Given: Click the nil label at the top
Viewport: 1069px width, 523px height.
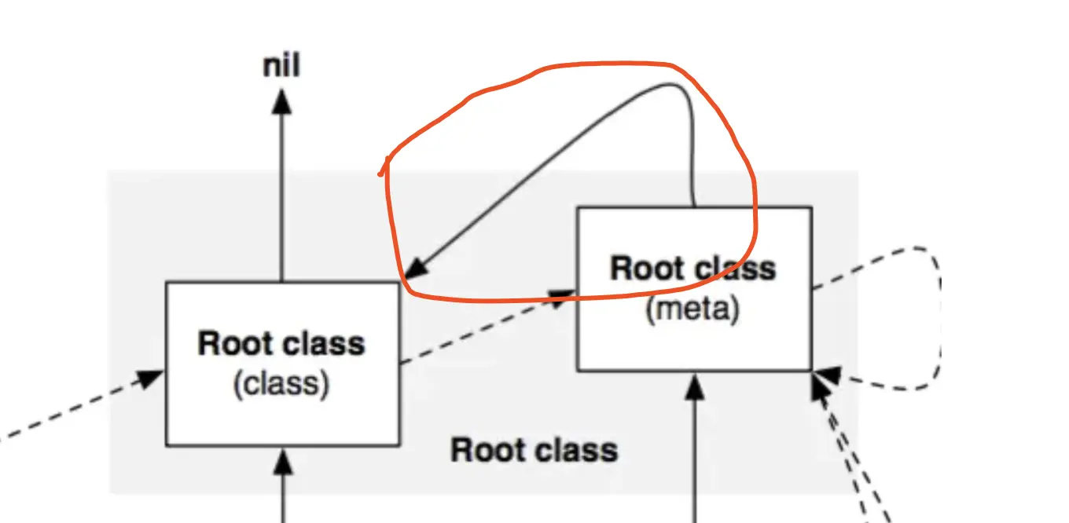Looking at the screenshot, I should point(281,66).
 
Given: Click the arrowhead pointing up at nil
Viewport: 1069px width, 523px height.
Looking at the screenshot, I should point(281,101).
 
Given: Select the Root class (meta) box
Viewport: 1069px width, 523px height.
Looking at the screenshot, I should point(694,346).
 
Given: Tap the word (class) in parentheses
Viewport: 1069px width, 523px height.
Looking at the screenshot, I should point(281,384).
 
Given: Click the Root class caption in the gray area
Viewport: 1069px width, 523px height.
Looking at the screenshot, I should point(534,451).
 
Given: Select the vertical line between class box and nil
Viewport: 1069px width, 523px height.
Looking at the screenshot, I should point(281,196).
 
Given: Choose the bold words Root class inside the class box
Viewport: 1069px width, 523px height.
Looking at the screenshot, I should point(281,344).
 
